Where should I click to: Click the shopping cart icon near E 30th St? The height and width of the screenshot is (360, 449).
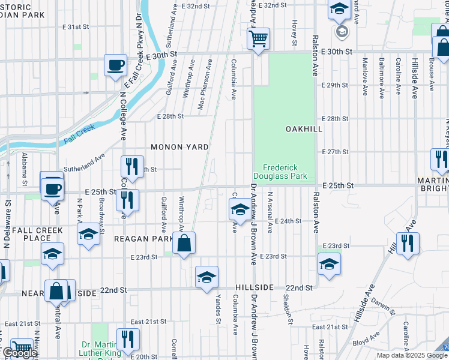(x=258, y=40)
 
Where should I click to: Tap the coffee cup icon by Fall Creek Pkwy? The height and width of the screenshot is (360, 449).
(x=115, y=65)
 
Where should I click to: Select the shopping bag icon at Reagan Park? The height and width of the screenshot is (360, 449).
(x=184, y=244)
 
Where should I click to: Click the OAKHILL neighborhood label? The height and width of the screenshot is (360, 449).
(x=304, y=129)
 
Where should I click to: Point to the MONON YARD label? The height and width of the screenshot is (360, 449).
(x=179, y=147)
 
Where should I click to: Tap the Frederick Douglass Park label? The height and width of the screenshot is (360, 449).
(x=285, y=172)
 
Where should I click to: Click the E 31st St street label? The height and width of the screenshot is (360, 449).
(x=76, y=27)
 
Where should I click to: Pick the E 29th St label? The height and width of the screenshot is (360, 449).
(x=335, y=86)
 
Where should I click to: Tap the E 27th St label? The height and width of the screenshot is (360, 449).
(x=335, y=152)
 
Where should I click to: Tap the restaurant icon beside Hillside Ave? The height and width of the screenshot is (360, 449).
(x=408, y=244)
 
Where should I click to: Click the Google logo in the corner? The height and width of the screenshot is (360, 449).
(x=19, y=353)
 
